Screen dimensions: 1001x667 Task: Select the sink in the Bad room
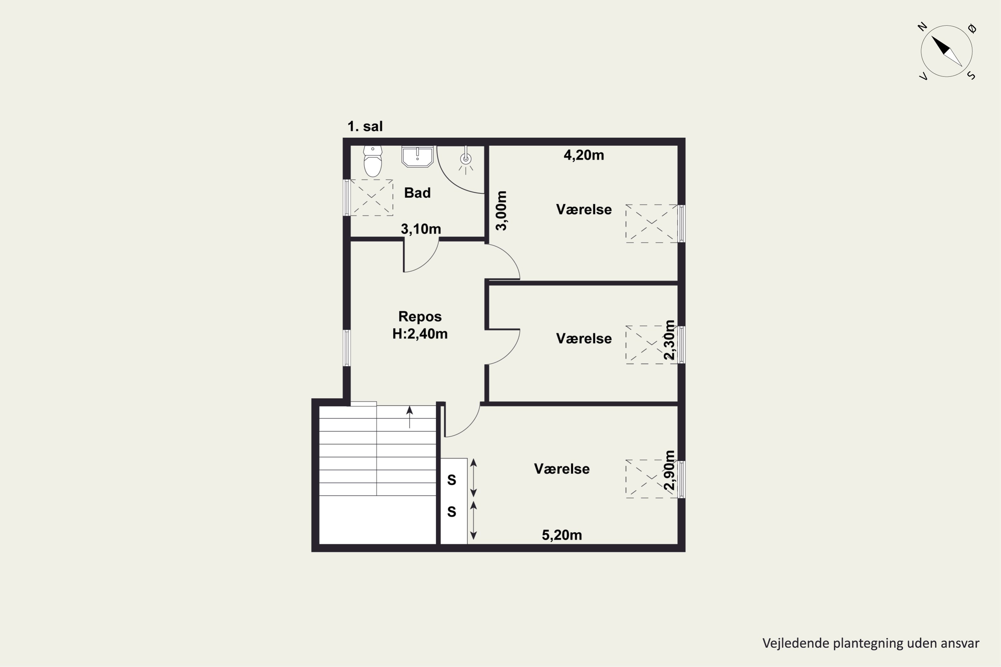coord(417,156)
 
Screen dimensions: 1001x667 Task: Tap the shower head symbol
coord(466,159)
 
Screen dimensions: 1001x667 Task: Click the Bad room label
coord(417,193)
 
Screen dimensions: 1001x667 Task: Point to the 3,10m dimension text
coord(420,229)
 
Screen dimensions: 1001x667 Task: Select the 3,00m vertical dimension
coord(502,210)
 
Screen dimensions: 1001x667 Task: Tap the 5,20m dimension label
coord(562,535)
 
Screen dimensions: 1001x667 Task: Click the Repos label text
coord(420,316)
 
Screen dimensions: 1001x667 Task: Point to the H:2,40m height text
coord(420,334)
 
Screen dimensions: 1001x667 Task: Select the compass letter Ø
coord(972,28)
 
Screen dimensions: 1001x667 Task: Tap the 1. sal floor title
coord(365,126)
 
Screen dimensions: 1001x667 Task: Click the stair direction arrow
coord(409,417)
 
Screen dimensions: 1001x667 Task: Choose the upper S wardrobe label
coord(451,480)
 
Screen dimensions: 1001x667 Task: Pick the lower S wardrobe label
coord(451,512)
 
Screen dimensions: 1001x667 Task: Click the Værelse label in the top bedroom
coord(584,209)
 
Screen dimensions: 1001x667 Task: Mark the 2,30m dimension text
coord(669,340)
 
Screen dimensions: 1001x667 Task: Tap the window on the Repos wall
coord(347,348)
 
